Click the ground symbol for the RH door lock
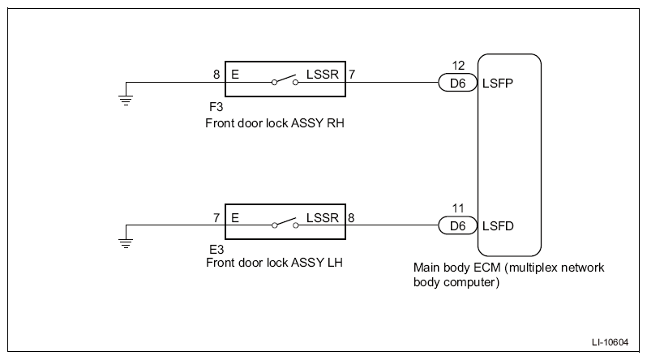pyautogui.click(x=126, y=101)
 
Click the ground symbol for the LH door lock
pyautogui.click(x=126, y=243)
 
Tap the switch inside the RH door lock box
pyautogui.click(x=285, y=80)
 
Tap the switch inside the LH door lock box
pyautogui.click(x=285, y=223)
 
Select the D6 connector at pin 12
pyautogui.click(x=457, y=83)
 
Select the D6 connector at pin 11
pyautogui.click(x=457, y=226)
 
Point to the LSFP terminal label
pyautogui.click(x=498, y=84)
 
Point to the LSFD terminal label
pyautogui.click(x=498, y=226)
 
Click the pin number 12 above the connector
pyautogui.click(x=458, y=65)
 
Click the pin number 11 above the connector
pyautogui.click(x=458, y=208)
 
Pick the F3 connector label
pyautogui.click(x=216, y=107)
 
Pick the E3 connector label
pyautogui.click(x=216, y=250)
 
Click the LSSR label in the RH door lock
pyautogui.click(x=322, y=75)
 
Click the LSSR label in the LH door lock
pyautogui.click(x=322, y=217)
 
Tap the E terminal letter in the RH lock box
pyautogui.click(x=235, y=75)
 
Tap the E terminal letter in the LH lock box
pyautogui.click(x=235, y=217)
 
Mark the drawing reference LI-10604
pyautogui.click(x=610, y=342)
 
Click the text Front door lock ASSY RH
pyautogui.click(x=275, y=123)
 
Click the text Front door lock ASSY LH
pyautogui.click(x=274, y=263)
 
